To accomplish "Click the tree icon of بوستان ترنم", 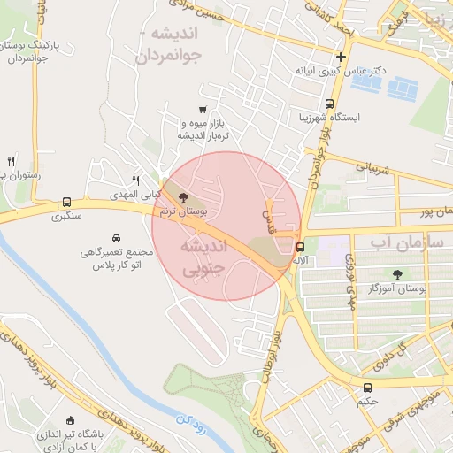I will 183,197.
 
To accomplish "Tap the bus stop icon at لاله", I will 301,248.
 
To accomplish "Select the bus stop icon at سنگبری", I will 67,202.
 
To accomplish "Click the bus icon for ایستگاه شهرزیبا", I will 329,103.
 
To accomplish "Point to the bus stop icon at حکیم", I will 368,388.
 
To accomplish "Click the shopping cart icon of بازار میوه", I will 203,110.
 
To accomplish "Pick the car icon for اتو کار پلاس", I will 117,238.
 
